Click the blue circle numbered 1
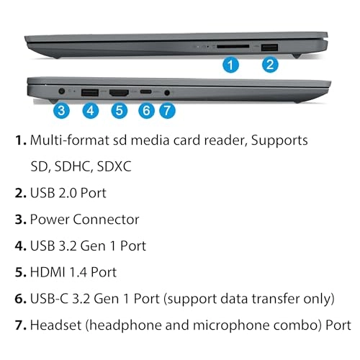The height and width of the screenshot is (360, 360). (x=230, y=66)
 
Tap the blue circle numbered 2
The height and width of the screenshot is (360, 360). (x=269, y=66)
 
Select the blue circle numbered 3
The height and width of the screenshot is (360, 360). (x=62, y=111)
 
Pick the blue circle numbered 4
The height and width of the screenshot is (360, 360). (x=90, y=111)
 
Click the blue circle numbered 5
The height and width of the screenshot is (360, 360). (x=120, y=111)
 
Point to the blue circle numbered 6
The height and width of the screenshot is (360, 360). (x=147, y=111)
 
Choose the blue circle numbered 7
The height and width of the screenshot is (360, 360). (x=167, y=111)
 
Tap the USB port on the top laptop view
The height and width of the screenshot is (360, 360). (x=269, y=47)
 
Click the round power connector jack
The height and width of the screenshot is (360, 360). (x=61, y=91)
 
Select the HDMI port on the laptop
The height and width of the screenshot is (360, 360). (x=120, y=92)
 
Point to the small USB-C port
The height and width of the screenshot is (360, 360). (x=147, y=92)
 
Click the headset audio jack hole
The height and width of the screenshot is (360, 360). (x=168, y=92)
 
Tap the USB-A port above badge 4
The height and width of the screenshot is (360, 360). (x=90, y=92)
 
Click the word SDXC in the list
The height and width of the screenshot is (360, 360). (x=115, y=166)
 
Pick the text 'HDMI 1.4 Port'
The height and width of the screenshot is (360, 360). (x=73, y=272)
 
